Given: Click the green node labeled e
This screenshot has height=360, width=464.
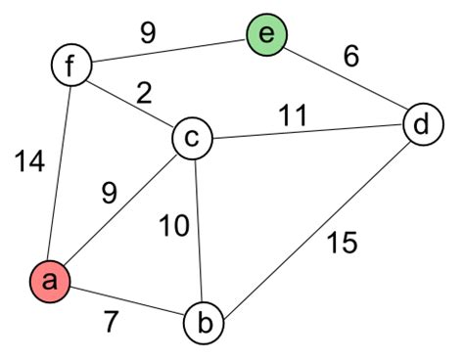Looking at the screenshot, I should pos(267,36).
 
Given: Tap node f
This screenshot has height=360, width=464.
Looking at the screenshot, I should pos(71,67).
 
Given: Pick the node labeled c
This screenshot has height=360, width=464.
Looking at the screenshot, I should pos(192,139).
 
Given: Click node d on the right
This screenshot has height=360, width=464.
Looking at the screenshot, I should pos(422,125).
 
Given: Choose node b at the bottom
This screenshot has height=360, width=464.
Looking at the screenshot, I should pos(206,322).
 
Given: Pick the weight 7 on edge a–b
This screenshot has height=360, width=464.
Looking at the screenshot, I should pos(113,323).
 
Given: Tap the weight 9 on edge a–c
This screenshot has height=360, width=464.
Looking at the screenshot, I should pos(109,194).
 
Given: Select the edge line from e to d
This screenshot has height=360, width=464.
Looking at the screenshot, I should pos(345,81).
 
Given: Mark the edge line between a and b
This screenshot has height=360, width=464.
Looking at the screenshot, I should pos(127,301).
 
